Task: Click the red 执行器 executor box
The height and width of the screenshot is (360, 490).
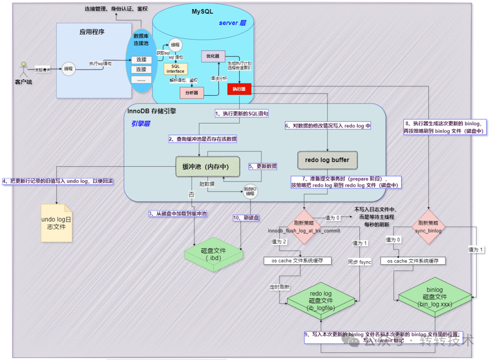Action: (239, 89)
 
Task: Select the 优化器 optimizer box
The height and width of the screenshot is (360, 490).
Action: (213, 56)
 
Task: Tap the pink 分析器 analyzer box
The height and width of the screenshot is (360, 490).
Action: (192, 93)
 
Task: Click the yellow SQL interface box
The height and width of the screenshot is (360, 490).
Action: (175, 69)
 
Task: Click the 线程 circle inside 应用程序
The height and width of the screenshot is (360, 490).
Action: (69, 69)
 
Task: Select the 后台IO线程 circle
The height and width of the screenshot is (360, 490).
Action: (250, 192)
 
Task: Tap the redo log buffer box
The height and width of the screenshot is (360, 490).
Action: (327, 160)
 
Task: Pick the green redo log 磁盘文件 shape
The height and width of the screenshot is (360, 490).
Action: (321, 300)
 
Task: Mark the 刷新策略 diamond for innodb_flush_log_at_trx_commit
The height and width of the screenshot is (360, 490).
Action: (301, 223)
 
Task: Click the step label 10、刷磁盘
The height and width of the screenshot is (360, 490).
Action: (247, 218)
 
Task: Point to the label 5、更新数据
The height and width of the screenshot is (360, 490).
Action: (262, 166)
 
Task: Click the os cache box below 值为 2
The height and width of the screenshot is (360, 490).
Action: (298, 261)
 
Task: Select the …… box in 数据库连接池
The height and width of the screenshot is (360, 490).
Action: (141, 79)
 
